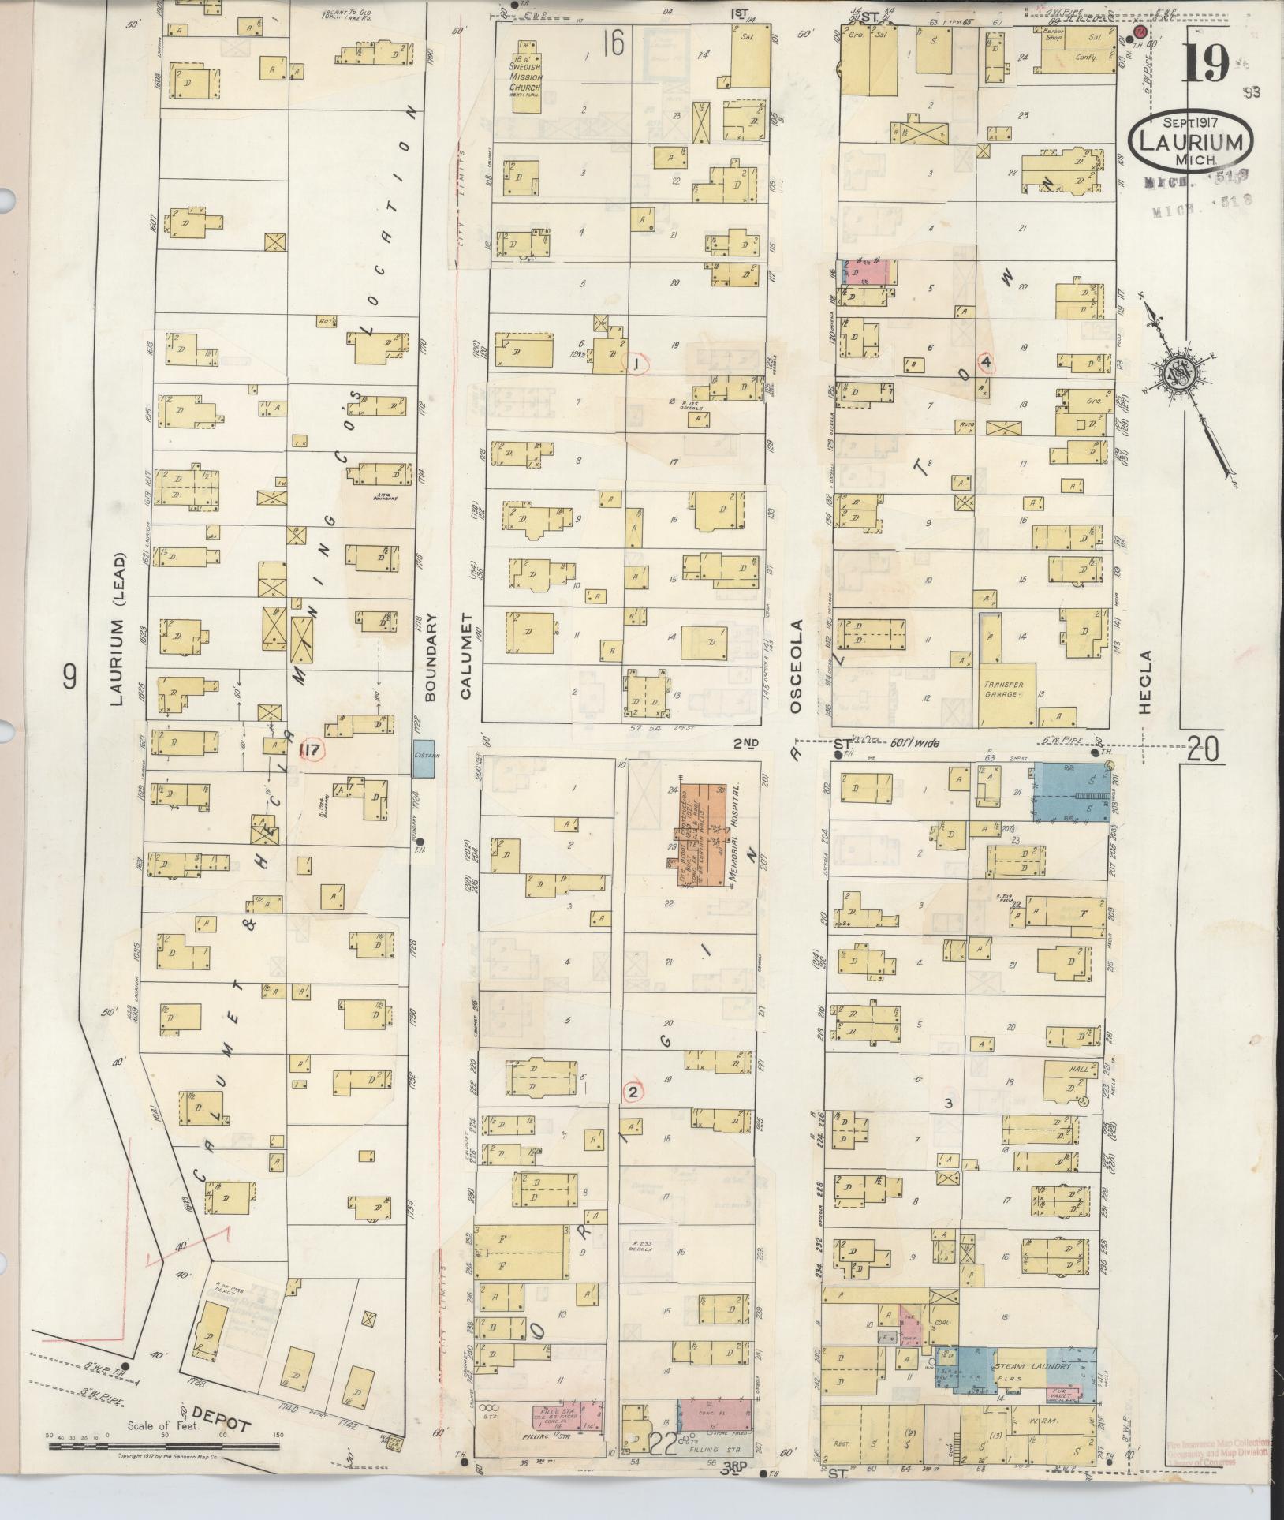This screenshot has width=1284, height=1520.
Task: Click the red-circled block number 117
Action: [311, 751]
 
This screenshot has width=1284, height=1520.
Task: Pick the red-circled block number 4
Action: [986, 362]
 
